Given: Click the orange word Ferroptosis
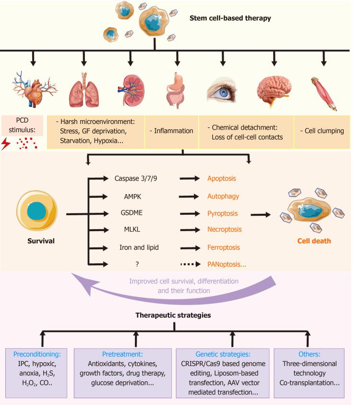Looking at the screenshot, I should point(224,248).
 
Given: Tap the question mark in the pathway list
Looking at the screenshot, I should point(132,264).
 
